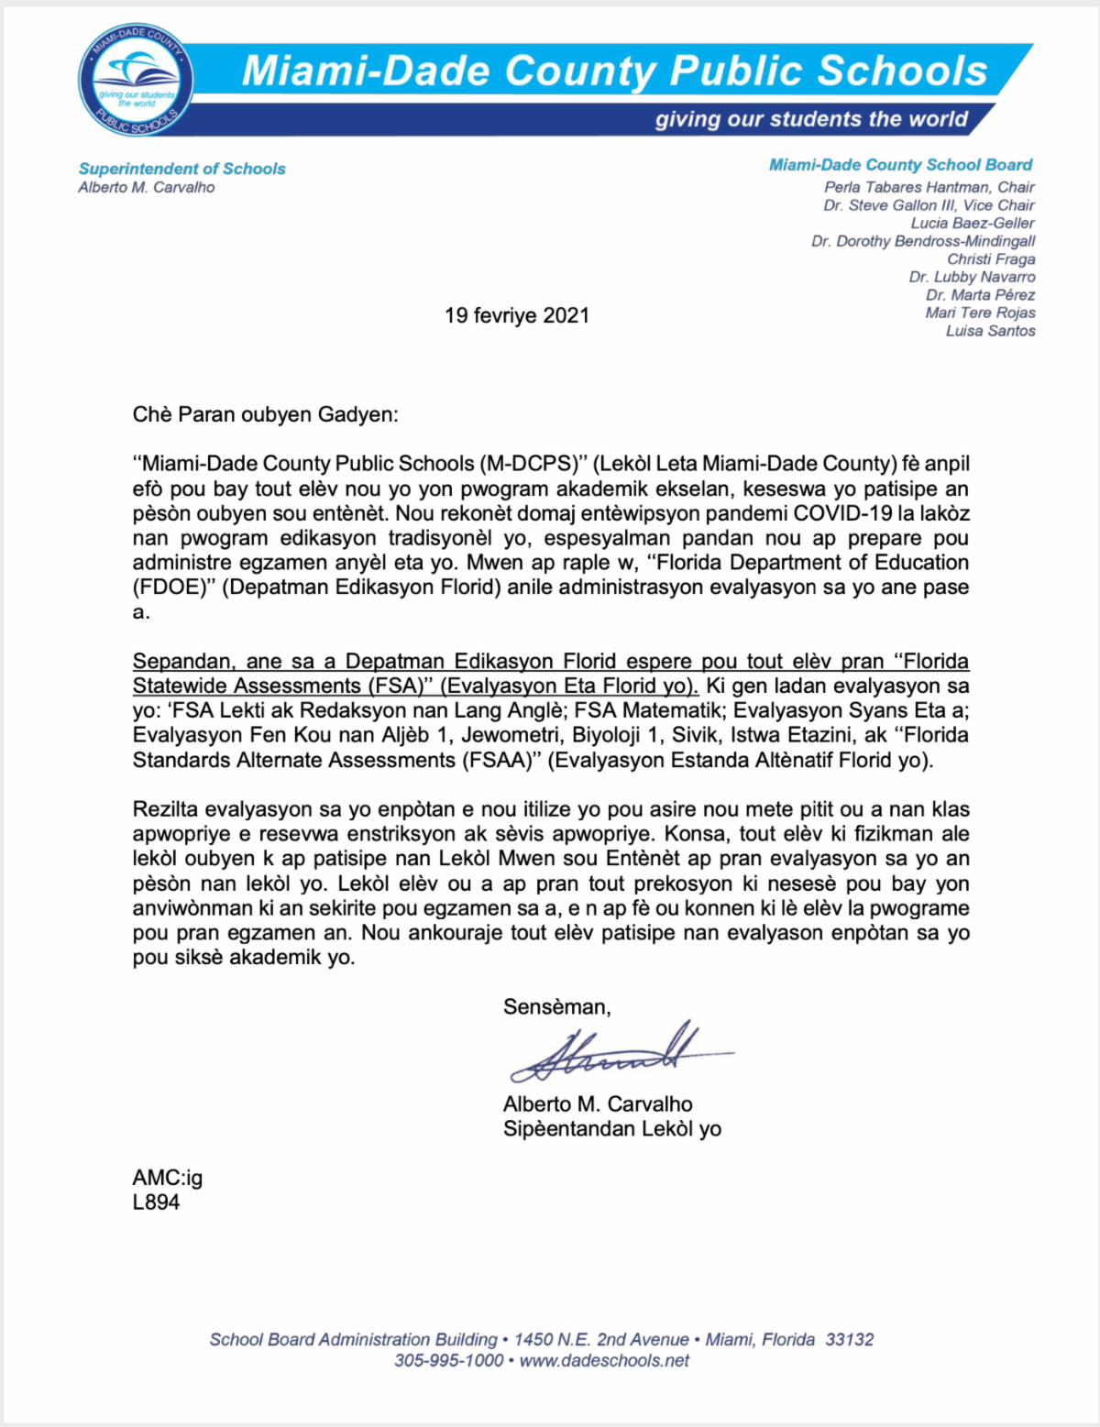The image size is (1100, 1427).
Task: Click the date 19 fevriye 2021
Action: pyautogui.click(x=517, y=316)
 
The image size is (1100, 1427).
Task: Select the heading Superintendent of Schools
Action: pyautogui.click(x=181, y=169)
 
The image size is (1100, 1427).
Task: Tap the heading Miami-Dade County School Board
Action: pyautogui.click(x=900, y=165)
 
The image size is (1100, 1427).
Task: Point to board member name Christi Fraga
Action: pyautogui.click(x=991, y=259)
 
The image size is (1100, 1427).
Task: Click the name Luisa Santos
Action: pyautogui.click(x=990, y=331)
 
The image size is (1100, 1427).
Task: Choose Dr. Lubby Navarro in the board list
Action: pyautogui.click(x=972, y=277)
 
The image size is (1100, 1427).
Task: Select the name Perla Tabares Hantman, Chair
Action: pyautogui.click(x=929, y=187)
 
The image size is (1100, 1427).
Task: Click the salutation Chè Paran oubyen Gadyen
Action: pyautogui.click(x=265, y=414)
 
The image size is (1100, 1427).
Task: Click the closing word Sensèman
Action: pyautogui.click(x=556, y=1007)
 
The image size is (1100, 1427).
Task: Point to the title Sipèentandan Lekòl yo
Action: pyautogui.click(x=611, y=1129)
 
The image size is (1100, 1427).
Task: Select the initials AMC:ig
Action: pyautogui.click(x=167, y=1178)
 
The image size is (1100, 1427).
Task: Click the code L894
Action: pyautogui.click(x=156, y=1202)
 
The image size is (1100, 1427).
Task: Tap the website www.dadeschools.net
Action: pyautogui.click(x=604, y=1361)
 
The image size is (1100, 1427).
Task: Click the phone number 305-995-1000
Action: pyautogui.click(x=448, y=1361)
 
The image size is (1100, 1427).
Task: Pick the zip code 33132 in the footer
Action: pyautogui.click(x=849, y=1340)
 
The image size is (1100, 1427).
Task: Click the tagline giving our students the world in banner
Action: pyautogui.click(x=810, y=120)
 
